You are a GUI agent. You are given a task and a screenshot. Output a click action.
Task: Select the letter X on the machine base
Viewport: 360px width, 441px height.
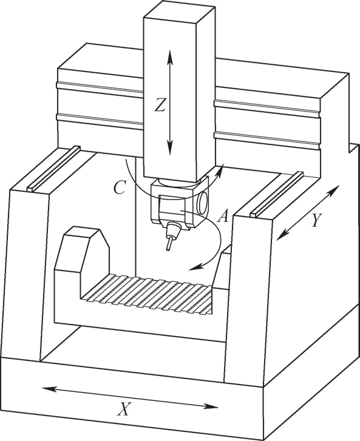pyautogui.click(x=124, y=409)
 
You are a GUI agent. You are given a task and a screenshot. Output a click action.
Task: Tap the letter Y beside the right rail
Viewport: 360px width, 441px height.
pyautogui.click(x=316, y=220)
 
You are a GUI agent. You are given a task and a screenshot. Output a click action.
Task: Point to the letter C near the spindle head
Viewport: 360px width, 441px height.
pyautogui.click(x=120, y=187)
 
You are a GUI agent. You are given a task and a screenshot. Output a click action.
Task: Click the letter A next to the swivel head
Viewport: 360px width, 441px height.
pyautogui.click(x=223, y=217)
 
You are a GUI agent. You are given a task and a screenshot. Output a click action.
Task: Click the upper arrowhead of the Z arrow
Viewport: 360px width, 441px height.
pyautogui.click(x=169, y=56)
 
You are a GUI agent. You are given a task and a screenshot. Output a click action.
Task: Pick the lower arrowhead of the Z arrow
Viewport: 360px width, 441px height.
pyautogui.click(x=169, y=148)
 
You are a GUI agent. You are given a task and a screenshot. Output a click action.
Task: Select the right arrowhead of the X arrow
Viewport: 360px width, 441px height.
pyautogui.click(x=211, y=406)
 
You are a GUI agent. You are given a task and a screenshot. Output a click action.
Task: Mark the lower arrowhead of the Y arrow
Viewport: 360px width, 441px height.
pyautogui.click(x=282, y=235)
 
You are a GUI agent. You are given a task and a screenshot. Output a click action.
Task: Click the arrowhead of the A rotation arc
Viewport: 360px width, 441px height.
pyautogui.click(x=195, y=268)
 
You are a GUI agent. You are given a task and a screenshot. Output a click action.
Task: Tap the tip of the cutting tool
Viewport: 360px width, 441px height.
pyautogui.click(x=168, y=249)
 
